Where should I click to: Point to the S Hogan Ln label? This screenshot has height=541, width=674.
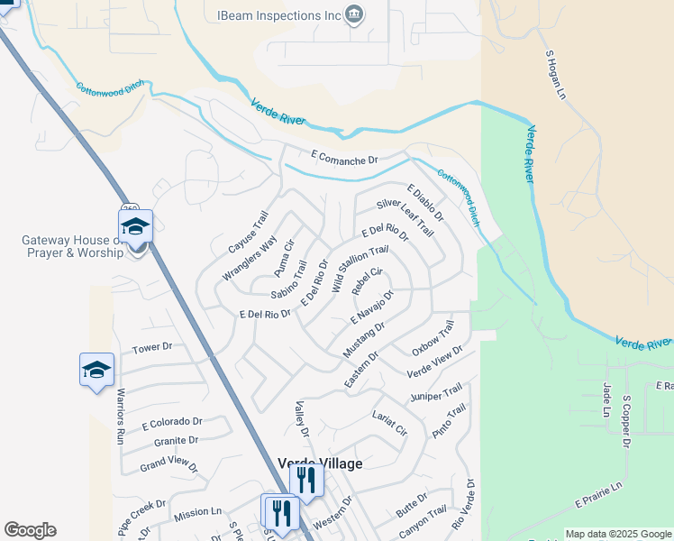[x=555, y=74]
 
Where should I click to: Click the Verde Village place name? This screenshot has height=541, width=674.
[x=320, y=463]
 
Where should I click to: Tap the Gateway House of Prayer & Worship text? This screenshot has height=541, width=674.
[x=72, y=246]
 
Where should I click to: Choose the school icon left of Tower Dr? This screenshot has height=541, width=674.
[x=96, y=370]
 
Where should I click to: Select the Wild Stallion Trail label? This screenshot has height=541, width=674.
[x=360, y=269]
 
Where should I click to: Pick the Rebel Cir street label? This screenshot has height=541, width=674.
[x=368, y=281]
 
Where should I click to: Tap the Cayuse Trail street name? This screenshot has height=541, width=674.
[x=249, y=233]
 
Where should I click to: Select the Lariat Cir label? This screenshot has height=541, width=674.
[x=389, y=422]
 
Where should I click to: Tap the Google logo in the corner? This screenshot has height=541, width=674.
[x=30, y=530]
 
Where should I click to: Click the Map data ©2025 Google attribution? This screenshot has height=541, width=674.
[x=618, y=534]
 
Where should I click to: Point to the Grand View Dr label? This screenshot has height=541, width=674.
[x=168, y=465]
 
